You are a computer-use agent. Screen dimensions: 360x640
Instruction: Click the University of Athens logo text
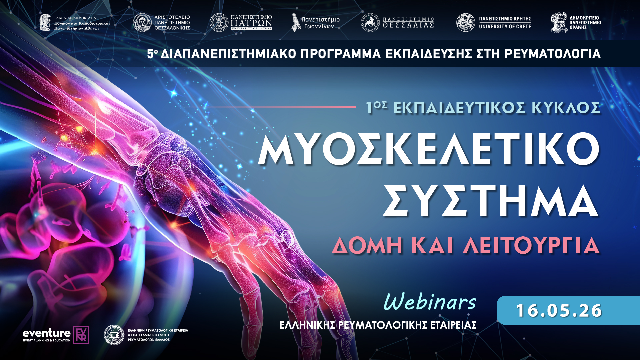[x=82, y=23]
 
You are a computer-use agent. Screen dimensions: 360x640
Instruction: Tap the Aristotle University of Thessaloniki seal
[x=142, y=23]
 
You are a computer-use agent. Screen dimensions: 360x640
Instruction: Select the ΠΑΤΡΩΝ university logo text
[x=251, y=23]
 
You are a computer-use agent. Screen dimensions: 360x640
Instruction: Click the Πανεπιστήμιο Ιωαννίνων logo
[x=315, y=23]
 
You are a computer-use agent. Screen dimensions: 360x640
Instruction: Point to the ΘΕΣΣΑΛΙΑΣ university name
[x=408, y=25]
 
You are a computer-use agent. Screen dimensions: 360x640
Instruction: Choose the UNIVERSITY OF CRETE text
[x=505, y=26]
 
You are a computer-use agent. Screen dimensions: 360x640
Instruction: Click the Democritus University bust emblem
[x=559, y=23]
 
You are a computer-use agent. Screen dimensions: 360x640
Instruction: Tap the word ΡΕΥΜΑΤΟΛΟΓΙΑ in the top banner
[x=552, y=54]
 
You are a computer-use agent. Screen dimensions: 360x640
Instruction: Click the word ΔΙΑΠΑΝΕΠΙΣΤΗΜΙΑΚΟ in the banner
[x=228, y=54]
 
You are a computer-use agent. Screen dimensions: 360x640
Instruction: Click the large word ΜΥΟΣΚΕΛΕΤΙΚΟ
[x=429, y=149]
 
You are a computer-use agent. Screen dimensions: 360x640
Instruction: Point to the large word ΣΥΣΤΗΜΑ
[x=490, y=201]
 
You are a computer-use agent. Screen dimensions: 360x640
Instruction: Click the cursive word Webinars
[x=430, y=302]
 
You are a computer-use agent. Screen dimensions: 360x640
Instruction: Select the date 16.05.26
[x=559, y=310]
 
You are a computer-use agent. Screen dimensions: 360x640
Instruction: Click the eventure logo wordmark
[x=47, y=333]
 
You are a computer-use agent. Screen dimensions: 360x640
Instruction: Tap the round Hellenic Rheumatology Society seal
[x=114, y=335]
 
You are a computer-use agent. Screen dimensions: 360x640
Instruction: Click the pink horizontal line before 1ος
[x=283, y=107]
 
